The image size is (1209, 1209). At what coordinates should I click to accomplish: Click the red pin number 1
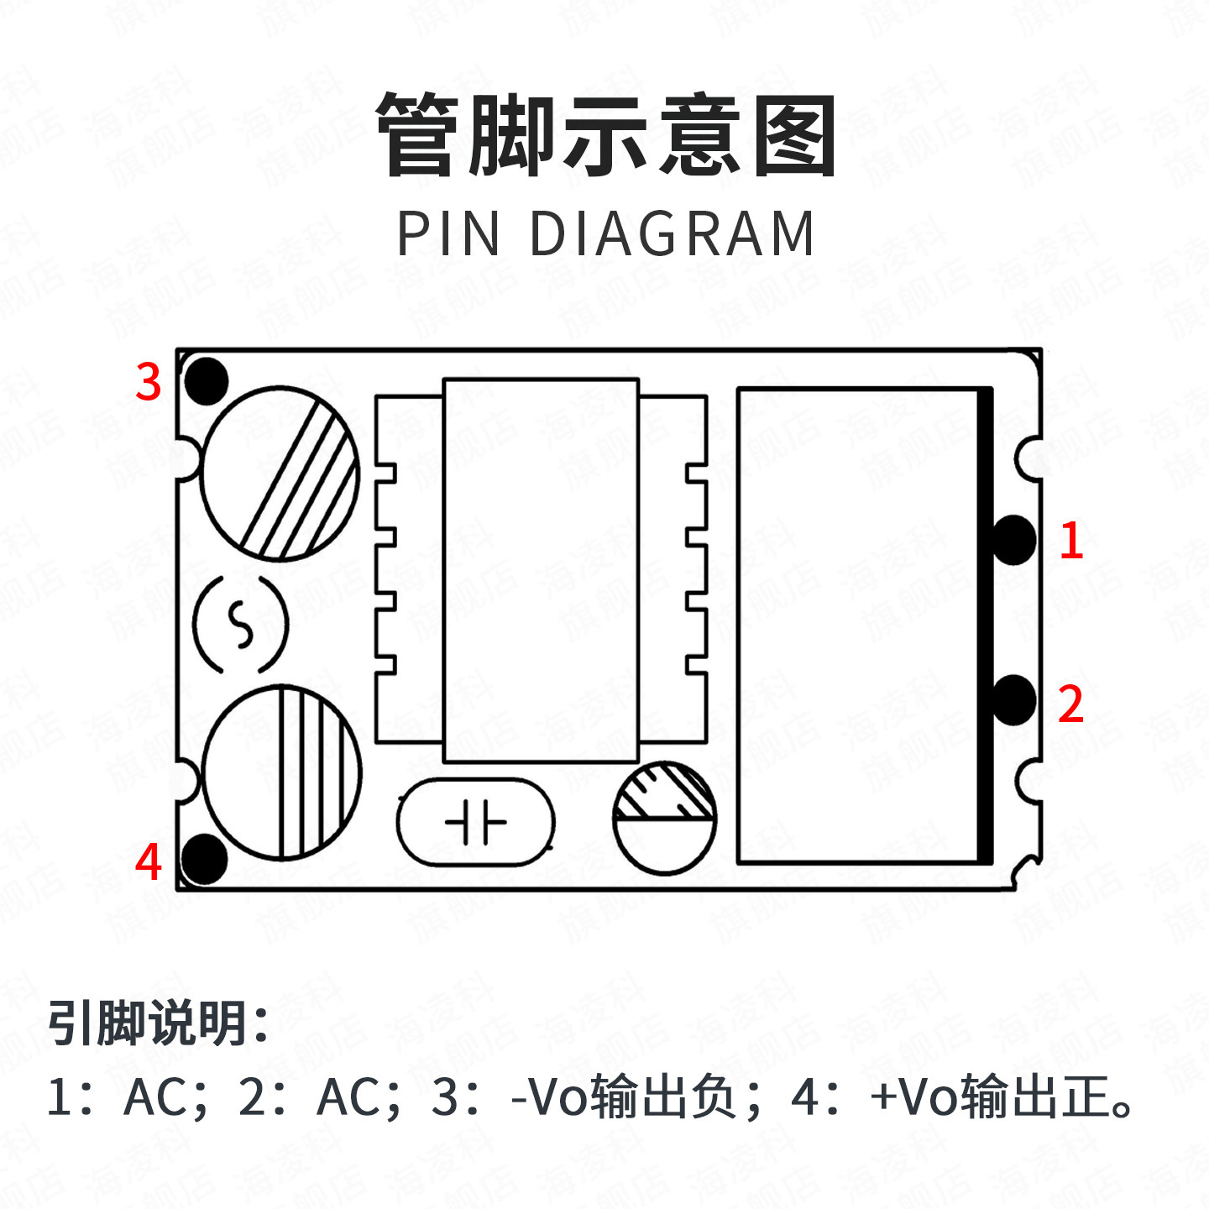(1070, 540)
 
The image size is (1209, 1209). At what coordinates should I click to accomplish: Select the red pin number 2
(1070, 704)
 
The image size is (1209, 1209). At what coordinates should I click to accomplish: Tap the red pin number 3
(149, 382)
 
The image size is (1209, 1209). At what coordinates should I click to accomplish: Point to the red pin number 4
(149, 861)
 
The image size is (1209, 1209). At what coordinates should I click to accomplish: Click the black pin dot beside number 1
(1014, 540)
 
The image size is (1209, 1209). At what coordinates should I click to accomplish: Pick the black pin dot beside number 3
(206, 380)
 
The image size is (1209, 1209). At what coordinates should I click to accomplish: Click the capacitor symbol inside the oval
(475, 822)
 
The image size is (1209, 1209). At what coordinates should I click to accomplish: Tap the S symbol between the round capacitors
(241, 625)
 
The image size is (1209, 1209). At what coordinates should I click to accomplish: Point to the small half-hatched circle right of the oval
(665, 818)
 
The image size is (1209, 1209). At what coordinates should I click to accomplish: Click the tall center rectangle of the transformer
(541, 570)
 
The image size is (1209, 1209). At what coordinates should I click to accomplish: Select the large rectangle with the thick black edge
(863, 625)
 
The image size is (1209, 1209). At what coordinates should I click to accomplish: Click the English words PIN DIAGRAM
(605, 233)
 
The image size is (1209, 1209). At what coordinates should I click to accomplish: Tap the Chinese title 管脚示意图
(605, 135)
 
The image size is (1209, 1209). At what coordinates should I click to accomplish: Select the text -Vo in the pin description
(551, 1096)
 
